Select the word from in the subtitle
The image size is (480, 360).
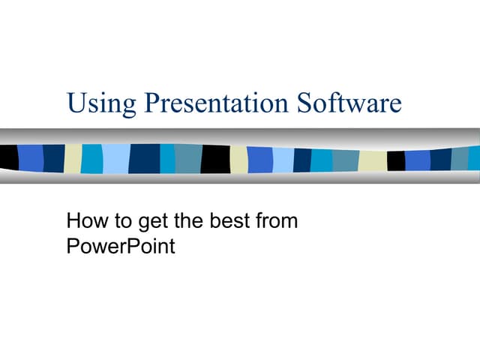coord(277,221)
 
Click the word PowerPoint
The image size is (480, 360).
coord(121,245)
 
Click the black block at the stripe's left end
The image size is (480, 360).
coord(8,157)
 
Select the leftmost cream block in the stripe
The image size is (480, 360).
coord(73,157)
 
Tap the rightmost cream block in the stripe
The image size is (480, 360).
coord(372,160)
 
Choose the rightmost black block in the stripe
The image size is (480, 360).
coord(395,160)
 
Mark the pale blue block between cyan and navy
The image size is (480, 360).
coord(115,158)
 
